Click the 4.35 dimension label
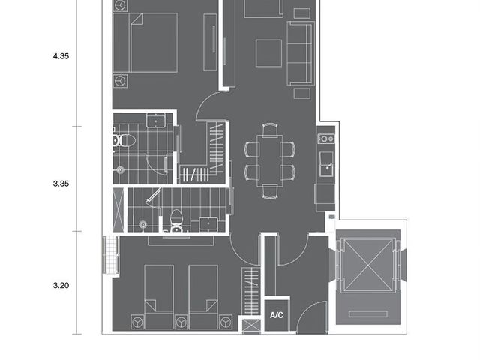[61, 56]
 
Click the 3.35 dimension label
[61, 184]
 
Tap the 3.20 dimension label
[61, 285]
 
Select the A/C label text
[277, 315]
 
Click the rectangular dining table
[270, 160]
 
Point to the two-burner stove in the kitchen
[325, 139]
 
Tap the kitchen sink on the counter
[326, 164]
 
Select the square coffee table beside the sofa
[268, 53]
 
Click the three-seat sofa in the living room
[301, 53]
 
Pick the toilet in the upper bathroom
[124, 140]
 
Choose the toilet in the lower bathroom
[176, 220]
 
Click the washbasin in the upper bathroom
[156, 120]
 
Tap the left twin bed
[159, 297]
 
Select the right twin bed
[203, 297]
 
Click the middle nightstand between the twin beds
[181, 322]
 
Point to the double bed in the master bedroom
[145, 43]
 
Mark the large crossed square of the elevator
[367, 265]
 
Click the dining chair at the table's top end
[270, 129]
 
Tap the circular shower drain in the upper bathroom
[120, 170]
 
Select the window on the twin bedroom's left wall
[110, 255]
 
